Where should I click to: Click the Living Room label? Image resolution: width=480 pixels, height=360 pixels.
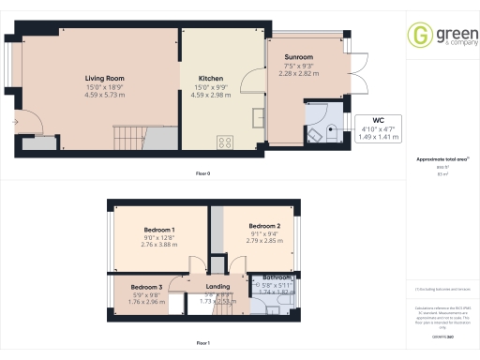point(105,78)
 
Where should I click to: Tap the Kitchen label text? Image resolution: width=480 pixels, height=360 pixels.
point(211,78)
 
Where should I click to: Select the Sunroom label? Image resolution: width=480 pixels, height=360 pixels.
point(299,57)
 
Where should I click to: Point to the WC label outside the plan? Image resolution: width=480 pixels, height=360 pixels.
point(379,120)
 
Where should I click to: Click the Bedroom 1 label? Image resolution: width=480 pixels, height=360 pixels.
point(158,230)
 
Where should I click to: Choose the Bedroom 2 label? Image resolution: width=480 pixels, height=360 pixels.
point(265,226)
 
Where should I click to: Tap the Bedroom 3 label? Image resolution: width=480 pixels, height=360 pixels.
point(146,287)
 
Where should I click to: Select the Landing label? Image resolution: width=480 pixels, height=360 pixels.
point(217,287)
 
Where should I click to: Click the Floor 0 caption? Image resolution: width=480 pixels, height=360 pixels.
point(202,173)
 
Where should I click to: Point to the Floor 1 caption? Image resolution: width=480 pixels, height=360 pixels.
point(202,344)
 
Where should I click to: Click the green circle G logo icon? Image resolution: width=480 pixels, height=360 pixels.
point(419,36)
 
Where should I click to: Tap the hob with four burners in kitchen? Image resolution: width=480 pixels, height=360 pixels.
point(225,142)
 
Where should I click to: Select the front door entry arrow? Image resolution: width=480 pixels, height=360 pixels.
point(15,122)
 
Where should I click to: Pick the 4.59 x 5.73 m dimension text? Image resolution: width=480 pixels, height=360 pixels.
point(105,95)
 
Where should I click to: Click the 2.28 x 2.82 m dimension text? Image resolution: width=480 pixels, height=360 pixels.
point(299,74)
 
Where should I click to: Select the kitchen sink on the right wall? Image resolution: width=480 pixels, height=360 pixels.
point(258,117)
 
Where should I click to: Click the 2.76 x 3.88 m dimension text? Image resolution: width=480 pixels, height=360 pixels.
point(158,246)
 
